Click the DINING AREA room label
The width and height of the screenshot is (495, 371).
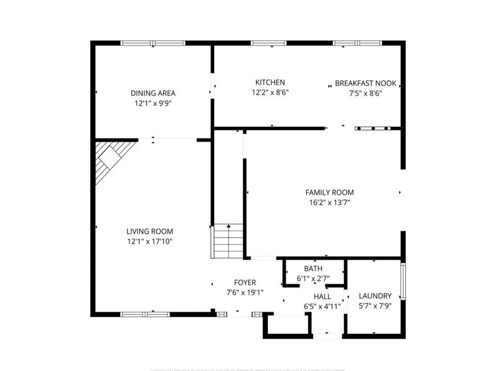[x=153, y=93]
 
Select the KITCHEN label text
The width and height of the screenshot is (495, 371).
[x=270, y=82]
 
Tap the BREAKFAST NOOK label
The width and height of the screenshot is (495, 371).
[x=366, y=83]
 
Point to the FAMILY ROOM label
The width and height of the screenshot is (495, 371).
[x=330, y=192]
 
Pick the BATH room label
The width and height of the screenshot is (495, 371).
[x=313, y=268]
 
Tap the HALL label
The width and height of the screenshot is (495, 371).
[x=313, y=296]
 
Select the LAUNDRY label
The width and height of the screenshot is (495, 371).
[x=375, y=296]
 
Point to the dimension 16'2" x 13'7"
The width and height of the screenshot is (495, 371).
[x=330, y=202]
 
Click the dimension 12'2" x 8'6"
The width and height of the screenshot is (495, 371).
[x=270, y=92]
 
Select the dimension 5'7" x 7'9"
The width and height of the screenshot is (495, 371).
[x=375, y=305]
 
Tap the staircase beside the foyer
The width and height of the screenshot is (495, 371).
[x=227, y=242]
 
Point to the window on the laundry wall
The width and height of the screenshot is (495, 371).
[x=403, y=282]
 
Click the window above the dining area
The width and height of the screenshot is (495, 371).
[x=147, y=43]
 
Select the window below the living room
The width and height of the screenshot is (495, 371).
[x=145, y=314]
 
